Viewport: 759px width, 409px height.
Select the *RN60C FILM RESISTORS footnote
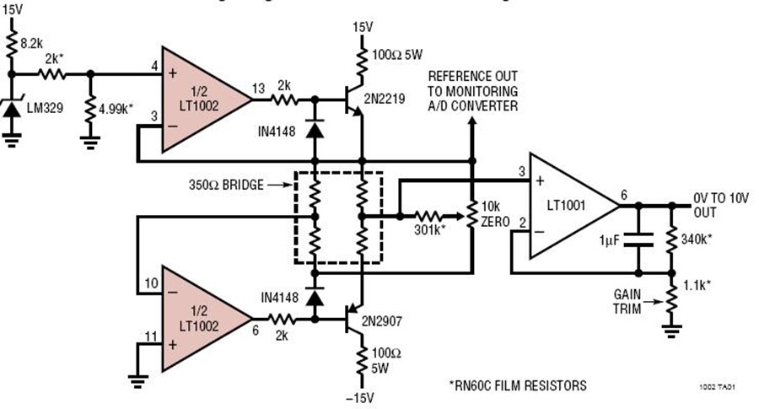click(x=518, y=385)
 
